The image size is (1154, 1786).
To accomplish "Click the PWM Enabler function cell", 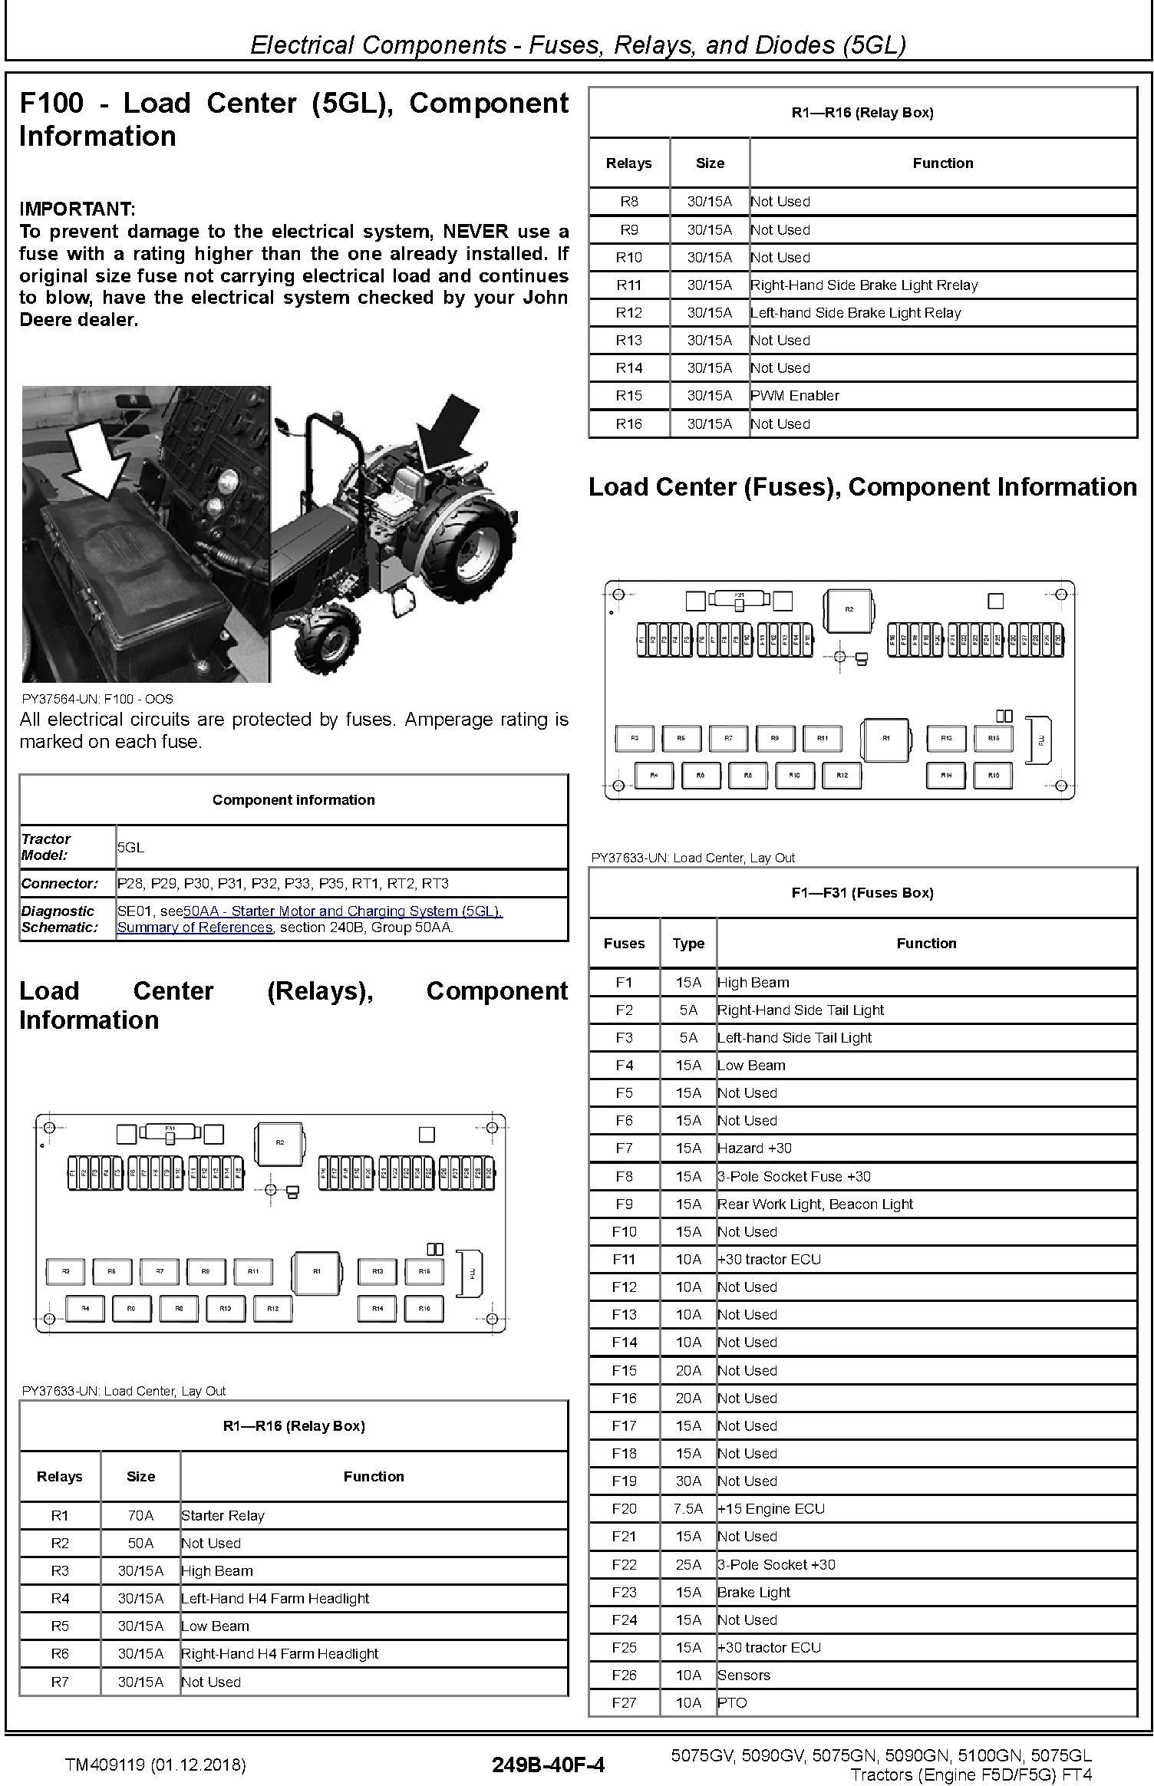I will pyautogui.click(x=795, y=396).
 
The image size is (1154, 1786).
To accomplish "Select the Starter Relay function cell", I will pyautogui.click(x=223, y=1515).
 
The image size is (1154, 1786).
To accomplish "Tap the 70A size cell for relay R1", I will pyautogui.click(x=140, y=1515).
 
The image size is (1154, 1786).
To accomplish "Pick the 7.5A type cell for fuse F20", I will pyautogui.click(x=688, y=1508).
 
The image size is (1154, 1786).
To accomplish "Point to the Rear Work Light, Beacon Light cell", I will pyautogui.click(x=815, y=1204).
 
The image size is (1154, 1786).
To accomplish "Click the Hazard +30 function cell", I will pyautogui.click(x=754, y=1148).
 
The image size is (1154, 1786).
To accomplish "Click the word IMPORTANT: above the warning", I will pyautogui.click(x=77, y=209).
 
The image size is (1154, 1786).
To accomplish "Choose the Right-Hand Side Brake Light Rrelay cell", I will pyautogui.click(x=864, y=285).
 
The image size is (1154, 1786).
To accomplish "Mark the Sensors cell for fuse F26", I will pyautogui.click(x=744, y=1675).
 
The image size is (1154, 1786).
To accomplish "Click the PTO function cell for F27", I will pyautogui.click(x=732, y=1702).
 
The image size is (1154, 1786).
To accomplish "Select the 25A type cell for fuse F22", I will pyautogui.click(x=688, y=1564).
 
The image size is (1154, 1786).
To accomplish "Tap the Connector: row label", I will pyautogui.click(x=60, y=883).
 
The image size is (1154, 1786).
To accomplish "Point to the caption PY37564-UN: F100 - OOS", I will pyautogui.click(x=97, y=699).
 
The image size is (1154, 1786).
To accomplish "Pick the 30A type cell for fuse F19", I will pyautogui.click(x=688, y=1481).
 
